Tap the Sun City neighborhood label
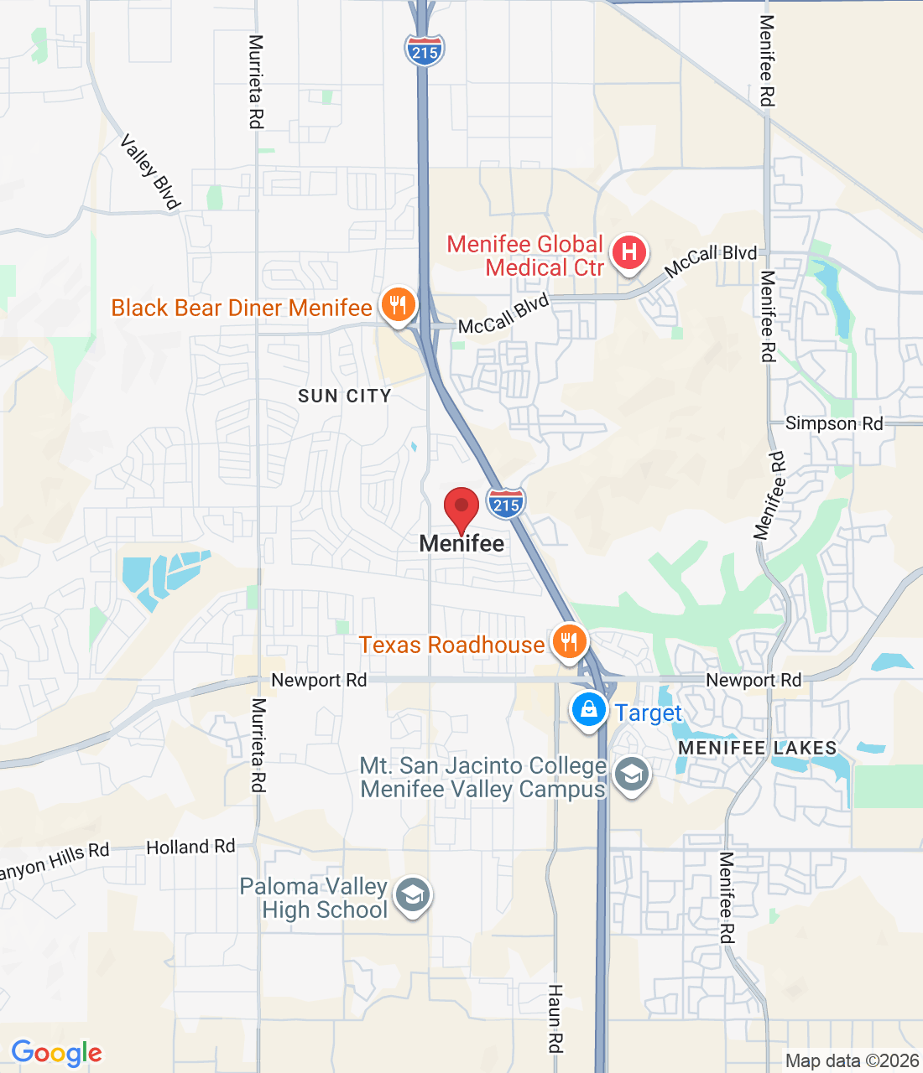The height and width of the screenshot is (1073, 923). coord(345,396)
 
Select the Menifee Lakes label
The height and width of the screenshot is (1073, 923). coord(757,748)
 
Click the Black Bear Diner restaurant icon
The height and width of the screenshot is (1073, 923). coord(399,305)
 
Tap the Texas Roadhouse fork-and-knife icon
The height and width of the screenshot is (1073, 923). coord(570,643)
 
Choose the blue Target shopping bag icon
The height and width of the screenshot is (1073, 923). coord(589,710)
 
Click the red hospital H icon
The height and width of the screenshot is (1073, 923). coord(629,252)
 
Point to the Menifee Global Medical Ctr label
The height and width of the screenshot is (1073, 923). coord(525,256)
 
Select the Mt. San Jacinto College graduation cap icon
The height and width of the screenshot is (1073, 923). coord(631,775)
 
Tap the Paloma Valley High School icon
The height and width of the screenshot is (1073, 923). coord(412,895)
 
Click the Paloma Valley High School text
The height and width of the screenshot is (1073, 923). coord(315,898)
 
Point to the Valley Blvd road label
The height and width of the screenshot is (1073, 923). coord(151,172)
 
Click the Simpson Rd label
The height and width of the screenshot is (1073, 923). coord(834,423)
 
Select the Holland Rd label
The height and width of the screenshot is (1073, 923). coord(190,848)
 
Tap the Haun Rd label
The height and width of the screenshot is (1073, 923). coord(555,1018)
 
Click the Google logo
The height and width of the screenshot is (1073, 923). coord(56,1053)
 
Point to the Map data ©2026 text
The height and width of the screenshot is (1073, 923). coord(852,1060)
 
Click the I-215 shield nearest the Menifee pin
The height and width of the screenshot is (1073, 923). coord(506,503)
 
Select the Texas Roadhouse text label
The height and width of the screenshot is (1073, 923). coord(451,645)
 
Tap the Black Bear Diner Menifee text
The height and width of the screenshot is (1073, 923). coord(242,308)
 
